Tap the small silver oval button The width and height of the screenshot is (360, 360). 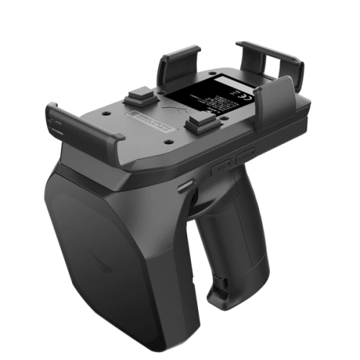click(186, 186)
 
